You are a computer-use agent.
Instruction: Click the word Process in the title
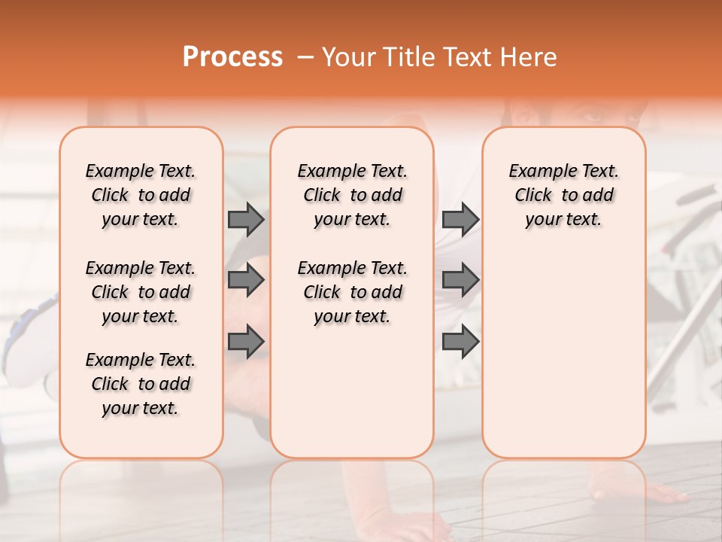pyautogui.click(x=232, y=57)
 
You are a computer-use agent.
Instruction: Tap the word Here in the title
pyautogui.click(x=530, y=57)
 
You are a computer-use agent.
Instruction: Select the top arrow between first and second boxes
pyautogui.click(x=246, y=219)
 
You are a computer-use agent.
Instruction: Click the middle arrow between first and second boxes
pyautogui.click(x=246, y=280)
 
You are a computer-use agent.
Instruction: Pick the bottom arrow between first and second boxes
pyautogui.click(x=246, y=341)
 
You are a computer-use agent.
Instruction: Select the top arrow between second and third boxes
pyautogui.click(x=460, y=219)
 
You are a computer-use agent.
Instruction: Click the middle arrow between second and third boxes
pyautogui.click(x=460, y=280)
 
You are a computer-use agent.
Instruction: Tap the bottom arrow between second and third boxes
pyautogui.click(x=460, y=341)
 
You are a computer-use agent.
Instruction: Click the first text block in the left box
pyautogui.click(x=141, y=195)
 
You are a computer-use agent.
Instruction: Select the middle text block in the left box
pyautogui.click(x=141, y=292)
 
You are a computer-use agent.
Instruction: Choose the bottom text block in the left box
pyautogui.click(x=141, y=384)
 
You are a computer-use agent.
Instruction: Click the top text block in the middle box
pyautogui.click(x=353, y=195)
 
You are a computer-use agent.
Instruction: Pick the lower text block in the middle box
pyautogui.click(x=353, y=292)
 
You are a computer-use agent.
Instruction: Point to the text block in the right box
pyautogui.click(x=564, y=195)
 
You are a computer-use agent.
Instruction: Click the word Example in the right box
pyautogui.click(x=540, y=172)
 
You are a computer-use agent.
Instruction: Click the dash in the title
pyautogui.click(x=305, y=57)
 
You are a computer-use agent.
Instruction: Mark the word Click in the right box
pyautogui.click(x=533, y=196)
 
